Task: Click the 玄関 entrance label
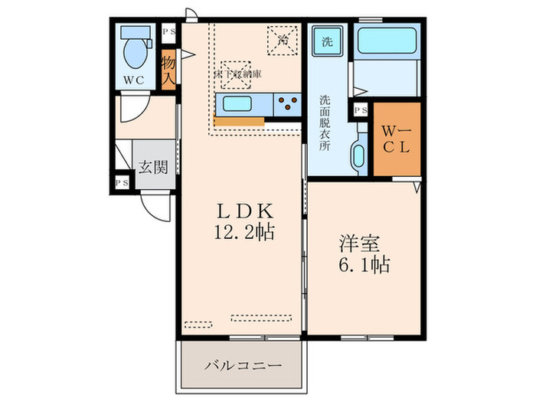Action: (x=153, y=168)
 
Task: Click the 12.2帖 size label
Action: (x=244, y=230)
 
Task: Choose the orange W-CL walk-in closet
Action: (x=396, y=138)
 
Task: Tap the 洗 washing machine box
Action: (x=327, y=41)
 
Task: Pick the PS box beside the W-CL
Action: (x=360, y=110)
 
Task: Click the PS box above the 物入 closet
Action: (x=168, y=32)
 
